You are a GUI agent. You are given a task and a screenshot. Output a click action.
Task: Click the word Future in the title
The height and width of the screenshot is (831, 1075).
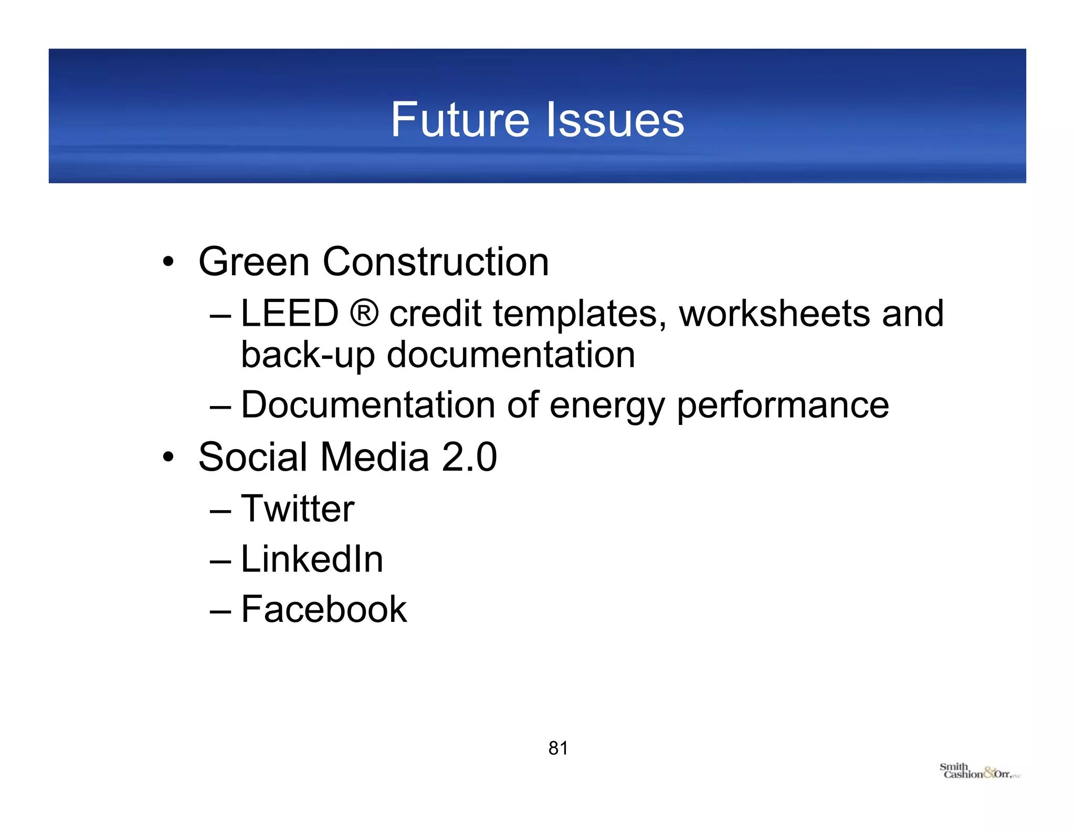click(x=460, y=120)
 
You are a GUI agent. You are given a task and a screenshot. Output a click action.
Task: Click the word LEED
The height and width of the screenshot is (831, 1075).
click(x=290, y=314)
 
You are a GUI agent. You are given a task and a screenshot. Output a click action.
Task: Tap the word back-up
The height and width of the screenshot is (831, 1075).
click(x=308, y=355)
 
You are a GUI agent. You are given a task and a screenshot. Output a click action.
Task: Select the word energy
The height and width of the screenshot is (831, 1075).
click(x=607, y=406)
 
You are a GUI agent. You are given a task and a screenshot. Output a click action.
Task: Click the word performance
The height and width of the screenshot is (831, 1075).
click(x=783, y=406)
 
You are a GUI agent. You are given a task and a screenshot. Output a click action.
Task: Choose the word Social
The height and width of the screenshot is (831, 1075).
click(x=253, y=457)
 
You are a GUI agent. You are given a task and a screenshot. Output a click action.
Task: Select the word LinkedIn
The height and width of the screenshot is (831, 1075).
click(x=312, y=559)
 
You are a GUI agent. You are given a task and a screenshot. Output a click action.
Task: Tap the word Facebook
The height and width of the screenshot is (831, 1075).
click(x=324, y=609)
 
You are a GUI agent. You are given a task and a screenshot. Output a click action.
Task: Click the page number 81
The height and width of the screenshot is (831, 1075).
click(x=558, y=748)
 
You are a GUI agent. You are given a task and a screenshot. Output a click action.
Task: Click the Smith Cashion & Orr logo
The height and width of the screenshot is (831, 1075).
click(x=979, y=772)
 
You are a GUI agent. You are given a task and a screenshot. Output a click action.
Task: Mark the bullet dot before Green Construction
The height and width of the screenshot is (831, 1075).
click(x=168, y=261)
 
